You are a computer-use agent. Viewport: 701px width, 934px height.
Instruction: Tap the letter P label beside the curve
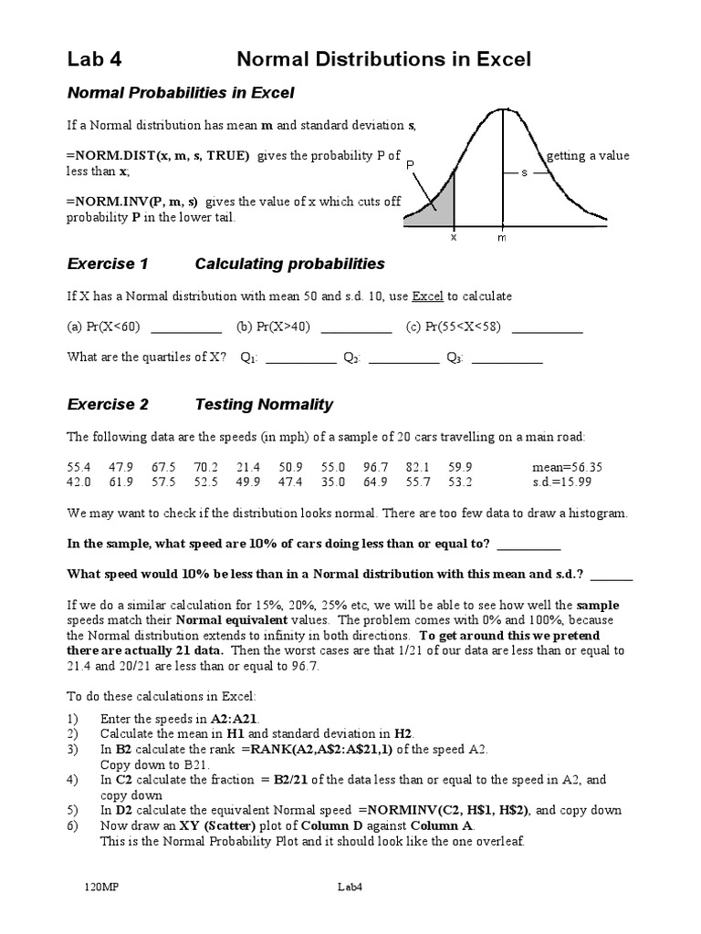tap(412, 165)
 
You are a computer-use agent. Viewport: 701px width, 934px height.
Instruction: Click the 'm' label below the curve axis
tap(501, 237)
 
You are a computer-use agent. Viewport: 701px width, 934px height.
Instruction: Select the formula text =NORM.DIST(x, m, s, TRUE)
tap(158, 156)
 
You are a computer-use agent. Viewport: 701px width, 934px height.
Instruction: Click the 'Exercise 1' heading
tap(108, 265)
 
